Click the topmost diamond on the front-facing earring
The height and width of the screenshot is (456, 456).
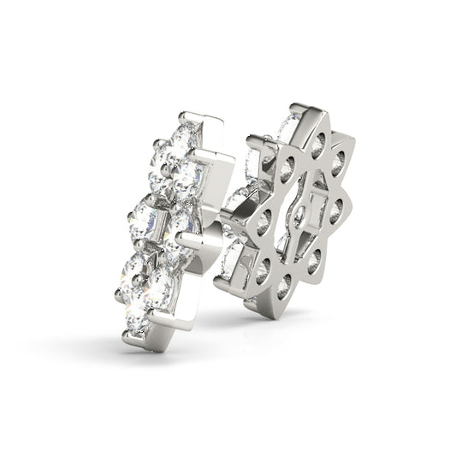click(x=186, y=135)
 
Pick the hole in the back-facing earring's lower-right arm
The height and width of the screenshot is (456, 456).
click(x=314, y=260)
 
